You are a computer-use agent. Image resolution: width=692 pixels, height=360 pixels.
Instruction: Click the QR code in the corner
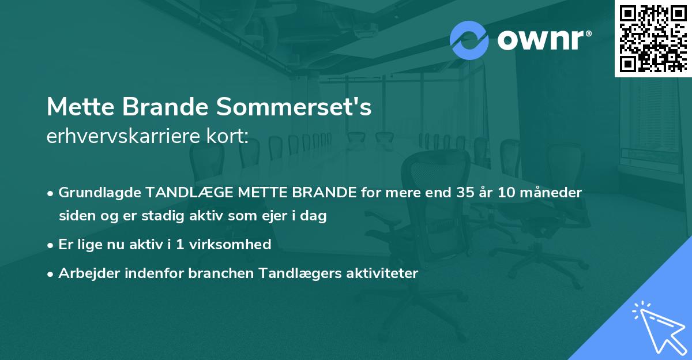point(653,39)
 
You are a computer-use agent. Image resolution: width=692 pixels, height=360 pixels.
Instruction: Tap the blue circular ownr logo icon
point(469,40)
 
